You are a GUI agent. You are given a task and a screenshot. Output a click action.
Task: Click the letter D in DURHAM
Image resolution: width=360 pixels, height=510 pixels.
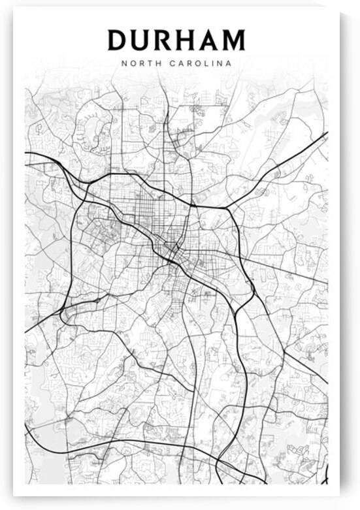pos(118,40)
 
